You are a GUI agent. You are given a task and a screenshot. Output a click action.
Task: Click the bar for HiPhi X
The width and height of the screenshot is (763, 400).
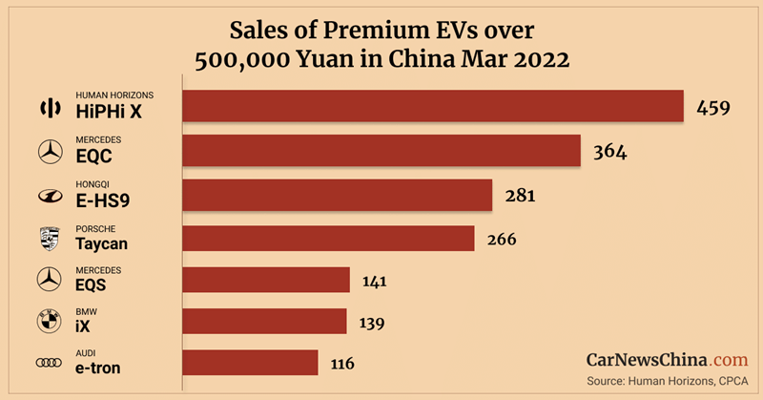point(433,106)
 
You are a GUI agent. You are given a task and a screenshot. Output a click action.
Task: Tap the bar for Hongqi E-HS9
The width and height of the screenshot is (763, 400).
point(337,195)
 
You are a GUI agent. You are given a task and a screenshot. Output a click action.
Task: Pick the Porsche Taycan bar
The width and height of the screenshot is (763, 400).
point(328,238)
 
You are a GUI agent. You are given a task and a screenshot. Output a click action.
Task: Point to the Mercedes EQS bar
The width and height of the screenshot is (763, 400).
point(266,280)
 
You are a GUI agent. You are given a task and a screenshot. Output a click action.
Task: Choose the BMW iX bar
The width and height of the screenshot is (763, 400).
point(264,322)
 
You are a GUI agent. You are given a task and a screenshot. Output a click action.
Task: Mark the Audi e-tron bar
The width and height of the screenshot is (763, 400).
point(250,363)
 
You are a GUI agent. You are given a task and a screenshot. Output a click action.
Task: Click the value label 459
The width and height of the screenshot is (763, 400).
point(712,107)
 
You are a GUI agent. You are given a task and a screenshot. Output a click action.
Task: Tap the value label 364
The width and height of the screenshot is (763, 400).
point(609,151)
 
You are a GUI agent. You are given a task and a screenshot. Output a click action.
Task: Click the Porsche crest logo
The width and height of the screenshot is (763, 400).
point(49,238)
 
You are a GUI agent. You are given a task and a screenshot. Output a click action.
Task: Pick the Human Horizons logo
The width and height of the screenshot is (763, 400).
point(49,107)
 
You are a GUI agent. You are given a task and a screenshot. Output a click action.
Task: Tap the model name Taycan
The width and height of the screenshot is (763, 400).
point(101,243)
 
